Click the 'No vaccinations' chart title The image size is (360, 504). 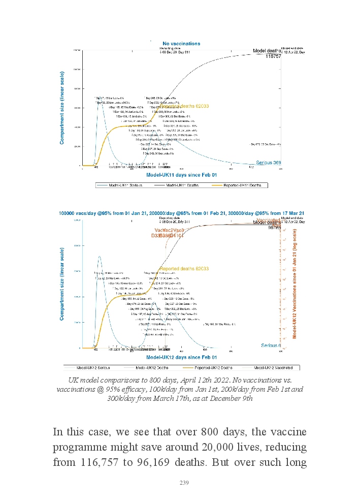[x=181, y=44]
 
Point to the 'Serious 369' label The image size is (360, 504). [x=268, y=163]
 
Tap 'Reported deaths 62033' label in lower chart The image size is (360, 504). [x=184, y=268]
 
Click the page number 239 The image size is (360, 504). [x=184, y=483]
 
